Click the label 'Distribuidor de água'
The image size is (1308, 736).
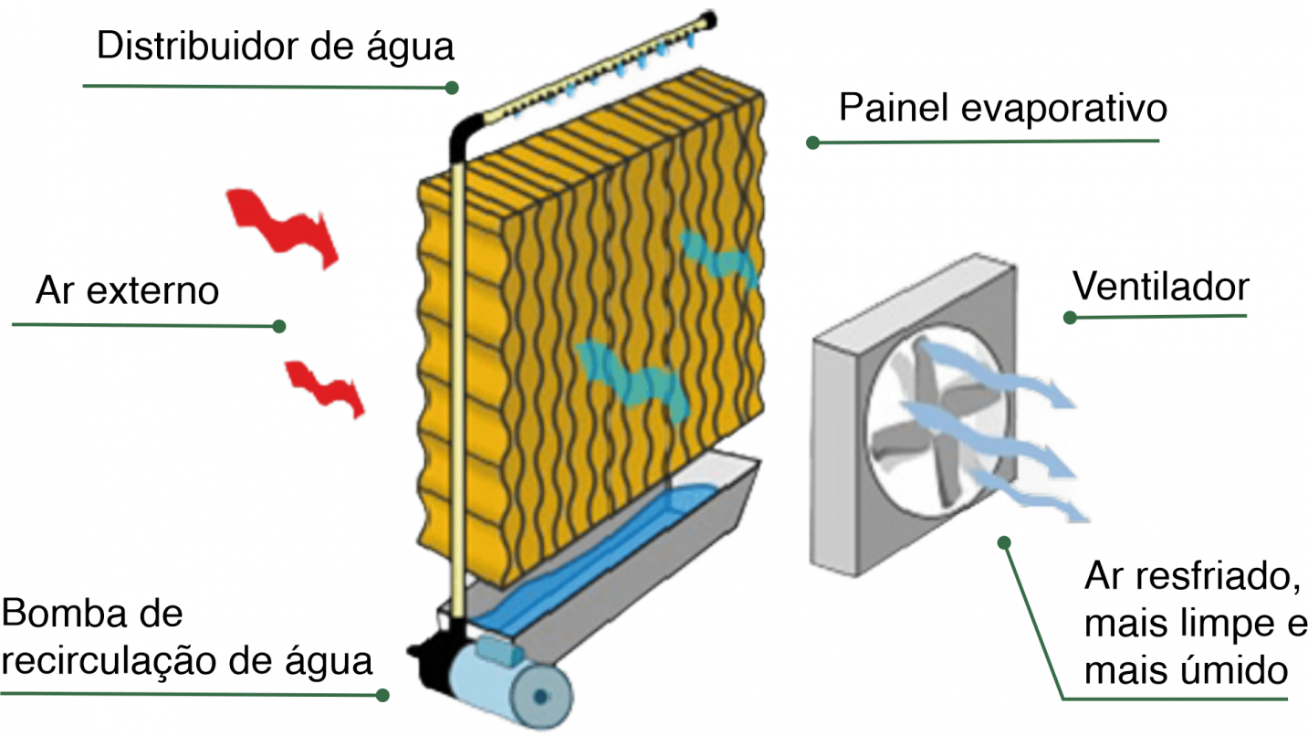coord(275,47)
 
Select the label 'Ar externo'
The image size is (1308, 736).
coord(127,291)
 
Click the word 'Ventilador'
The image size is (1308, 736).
coord(1160,287)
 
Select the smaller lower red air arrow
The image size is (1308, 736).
coord(325,387)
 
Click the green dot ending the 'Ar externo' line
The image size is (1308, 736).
coord(279,326)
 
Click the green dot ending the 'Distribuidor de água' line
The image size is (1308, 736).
coord(451,88)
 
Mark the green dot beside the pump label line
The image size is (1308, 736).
coord(382,696)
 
